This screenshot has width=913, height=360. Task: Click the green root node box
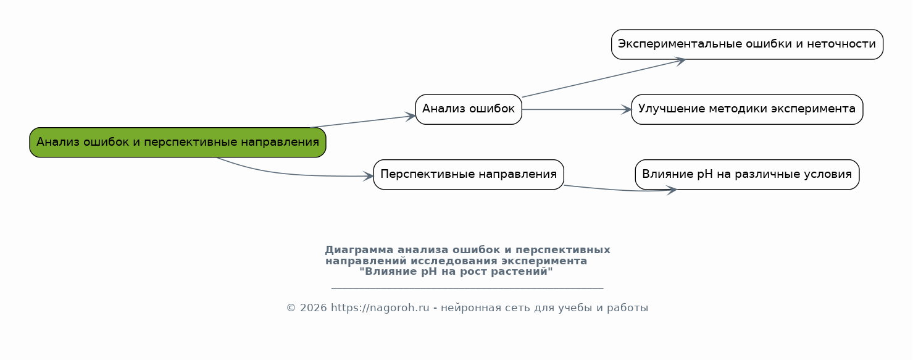point(178,142)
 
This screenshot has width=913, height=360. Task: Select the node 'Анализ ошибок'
point(469,109)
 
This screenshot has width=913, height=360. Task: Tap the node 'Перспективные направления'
point(469,175)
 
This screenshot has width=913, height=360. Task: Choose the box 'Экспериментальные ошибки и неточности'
point(747,44)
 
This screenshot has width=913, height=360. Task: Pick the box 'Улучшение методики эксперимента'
point(747,109)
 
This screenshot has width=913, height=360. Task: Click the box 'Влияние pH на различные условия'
point(747,175)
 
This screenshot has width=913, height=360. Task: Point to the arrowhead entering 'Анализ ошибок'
point(411,117)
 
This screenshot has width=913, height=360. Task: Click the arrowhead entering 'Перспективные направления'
point(369,176)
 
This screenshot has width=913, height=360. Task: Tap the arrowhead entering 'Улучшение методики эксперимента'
point(627,109)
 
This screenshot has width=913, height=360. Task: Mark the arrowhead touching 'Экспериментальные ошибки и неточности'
point(680,61)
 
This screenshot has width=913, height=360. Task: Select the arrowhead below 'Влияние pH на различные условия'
point(671,190)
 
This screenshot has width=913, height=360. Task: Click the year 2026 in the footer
point(314,308)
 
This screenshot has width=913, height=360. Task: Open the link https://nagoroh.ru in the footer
point(380,308)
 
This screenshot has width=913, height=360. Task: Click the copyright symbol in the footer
point(291,308)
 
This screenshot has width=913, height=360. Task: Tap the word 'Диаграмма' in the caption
point(359,250)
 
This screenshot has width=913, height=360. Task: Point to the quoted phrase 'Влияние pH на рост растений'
point(456,272)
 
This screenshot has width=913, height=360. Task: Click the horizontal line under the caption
point(467,288)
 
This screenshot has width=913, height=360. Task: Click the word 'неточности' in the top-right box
point(841,44)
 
